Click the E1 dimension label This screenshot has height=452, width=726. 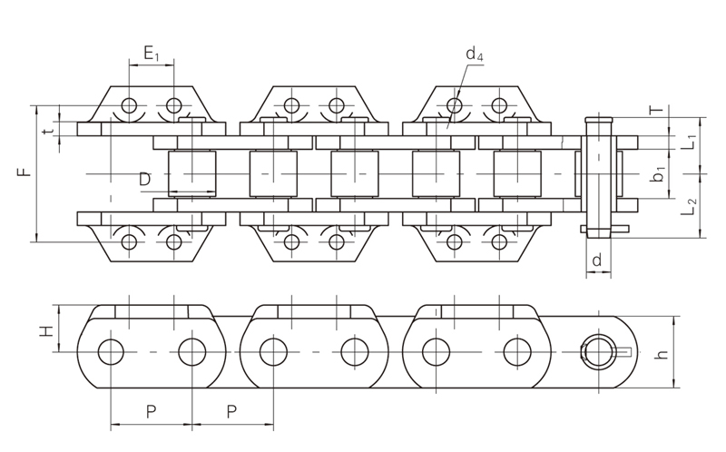151,55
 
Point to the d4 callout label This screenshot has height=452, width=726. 474,55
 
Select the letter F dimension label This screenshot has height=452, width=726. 26,169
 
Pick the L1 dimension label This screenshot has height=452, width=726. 689,142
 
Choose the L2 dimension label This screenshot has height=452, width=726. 689,209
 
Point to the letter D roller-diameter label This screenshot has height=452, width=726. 145,180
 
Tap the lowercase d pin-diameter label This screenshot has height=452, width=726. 596,260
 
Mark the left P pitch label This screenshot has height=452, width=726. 151,411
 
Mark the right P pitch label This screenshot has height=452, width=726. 232,411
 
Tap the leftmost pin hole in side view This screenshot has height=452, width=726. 112,350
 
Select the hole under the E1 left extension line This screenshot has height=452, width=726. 130,105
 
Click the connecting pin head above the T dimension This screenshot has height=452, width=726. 598,121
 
